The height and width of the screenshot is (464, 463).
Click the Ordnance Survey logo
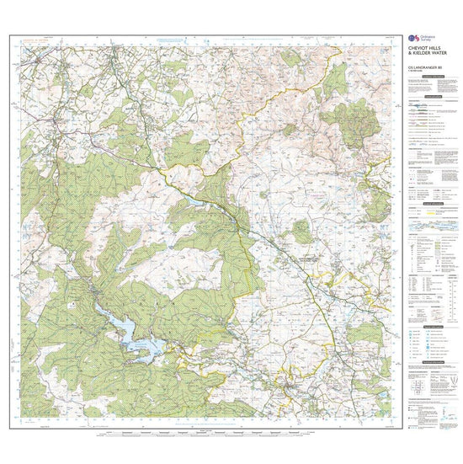click(x=412, y=39)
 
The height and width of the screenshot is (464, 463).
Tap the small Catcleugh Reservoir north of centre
click(x=195, y=203)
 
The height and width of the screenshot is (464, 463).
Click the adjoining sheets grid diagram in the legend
click(x=421, y=387)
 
